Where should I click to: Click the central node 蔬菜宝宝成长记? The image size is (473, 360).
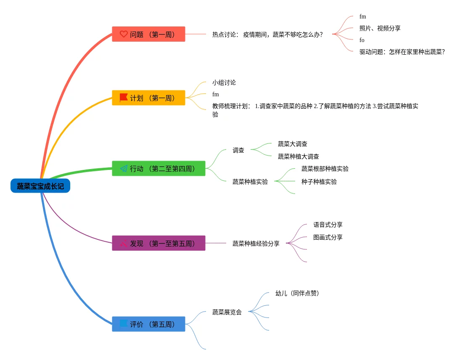(x=40, y=186)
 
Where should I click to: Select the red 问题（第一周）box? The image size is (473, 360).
(x=148, y=34)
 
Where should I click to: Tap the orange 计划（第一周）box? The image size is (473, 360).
(x=148, y=98)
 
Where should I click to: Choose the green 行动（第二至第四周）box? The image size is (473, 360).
(x=159, y=169)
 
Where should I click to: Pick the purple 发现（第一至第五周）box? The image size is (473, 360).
(x=159, y=243)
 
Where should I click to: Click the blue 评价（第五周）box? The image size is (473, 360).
(x=148, y=324)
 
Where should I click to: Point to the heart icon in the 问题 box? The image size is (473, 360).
(x=124, y=34)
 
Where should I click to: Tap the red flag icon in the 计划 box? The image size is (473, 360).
(x=124, y=98)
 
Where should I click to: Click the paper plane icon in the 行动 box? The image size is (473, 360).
(x=124, y=169)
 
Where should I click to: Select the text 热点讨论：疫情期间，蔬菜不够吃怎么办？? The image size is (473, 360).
(x=267, y=34)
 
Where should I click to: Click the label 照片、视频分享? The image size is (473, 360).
(x=380, y=28)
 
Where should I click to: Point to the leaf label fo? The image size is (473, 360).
(x=362, y=40)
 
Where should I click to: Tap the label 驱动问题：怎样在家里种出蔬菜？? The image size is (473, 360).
(x=402, y=52)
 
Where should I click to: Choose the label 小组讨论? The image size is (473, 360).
(x=224, y=82)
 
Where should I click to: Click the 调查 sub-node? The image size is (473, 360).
(x=238, y=150)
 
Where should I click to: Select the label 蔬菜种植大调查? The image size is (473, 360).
(x=298, y=156)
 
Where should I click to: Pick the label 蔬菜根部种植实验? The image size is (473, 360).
(x=325, y=169)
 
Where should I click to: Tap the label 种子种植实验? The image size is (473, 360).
(x=319, y=182)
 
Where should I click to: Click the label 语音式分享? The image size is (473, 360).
(x=328, y=225)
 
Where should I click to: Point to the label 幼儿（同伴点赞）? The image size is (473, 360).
(x=297, y=293)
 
